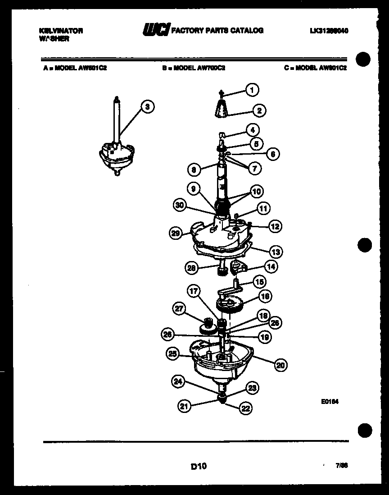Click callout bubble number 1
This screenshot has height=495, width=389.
252,90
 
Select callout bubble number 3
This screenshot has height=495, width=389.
147,107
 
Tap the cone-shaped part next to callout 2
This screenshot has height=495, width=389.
220,110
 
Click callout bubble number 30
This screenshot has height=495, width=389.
181,206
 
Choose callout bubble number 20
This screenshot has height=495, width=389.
280,366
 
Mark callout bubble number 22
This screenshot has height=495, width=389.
245,409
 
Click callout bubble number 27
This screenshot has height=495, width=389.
179,308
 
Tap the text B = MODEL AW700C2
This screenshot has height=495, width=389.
194,68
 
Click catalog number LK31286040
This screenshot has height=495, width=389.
329,31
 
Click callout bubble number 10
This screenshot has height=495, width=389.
257,191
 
